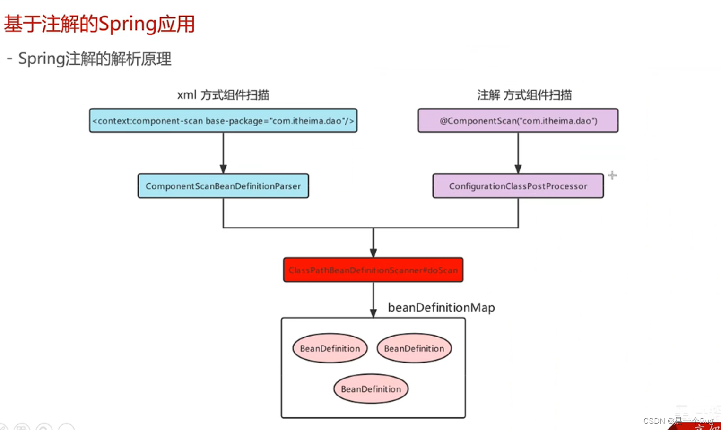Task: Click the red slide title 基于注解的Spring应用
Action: (99, 24)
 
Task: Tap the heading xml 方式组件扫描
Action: (223, 95)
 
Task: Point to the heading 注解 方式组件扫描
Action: (524, 95)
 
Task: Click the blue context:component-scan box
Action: (223, 121)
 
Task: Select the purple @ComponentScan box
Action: (518, 121)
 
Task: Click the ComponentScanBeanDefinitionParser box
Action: (223, 186)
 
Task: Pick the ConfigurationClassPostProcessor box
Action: (518, 186)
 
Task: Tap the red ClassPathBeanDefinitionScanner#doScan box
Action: (373, 270)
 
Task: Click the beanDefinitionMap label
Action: (441, 308)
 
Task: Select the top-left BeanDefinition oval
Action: (330, 349)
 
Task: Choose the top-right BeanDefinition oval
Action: (414, 349)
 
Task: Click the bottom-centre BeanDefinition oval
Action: (371, 389)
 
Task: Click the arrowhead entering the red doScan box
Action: (373, 253)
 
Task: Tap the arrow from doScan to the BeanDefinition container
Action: (373, 300)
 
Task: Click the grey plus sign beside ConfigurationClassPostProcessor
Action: (612, 176)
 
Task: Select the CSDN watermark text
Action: (678, 421)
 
